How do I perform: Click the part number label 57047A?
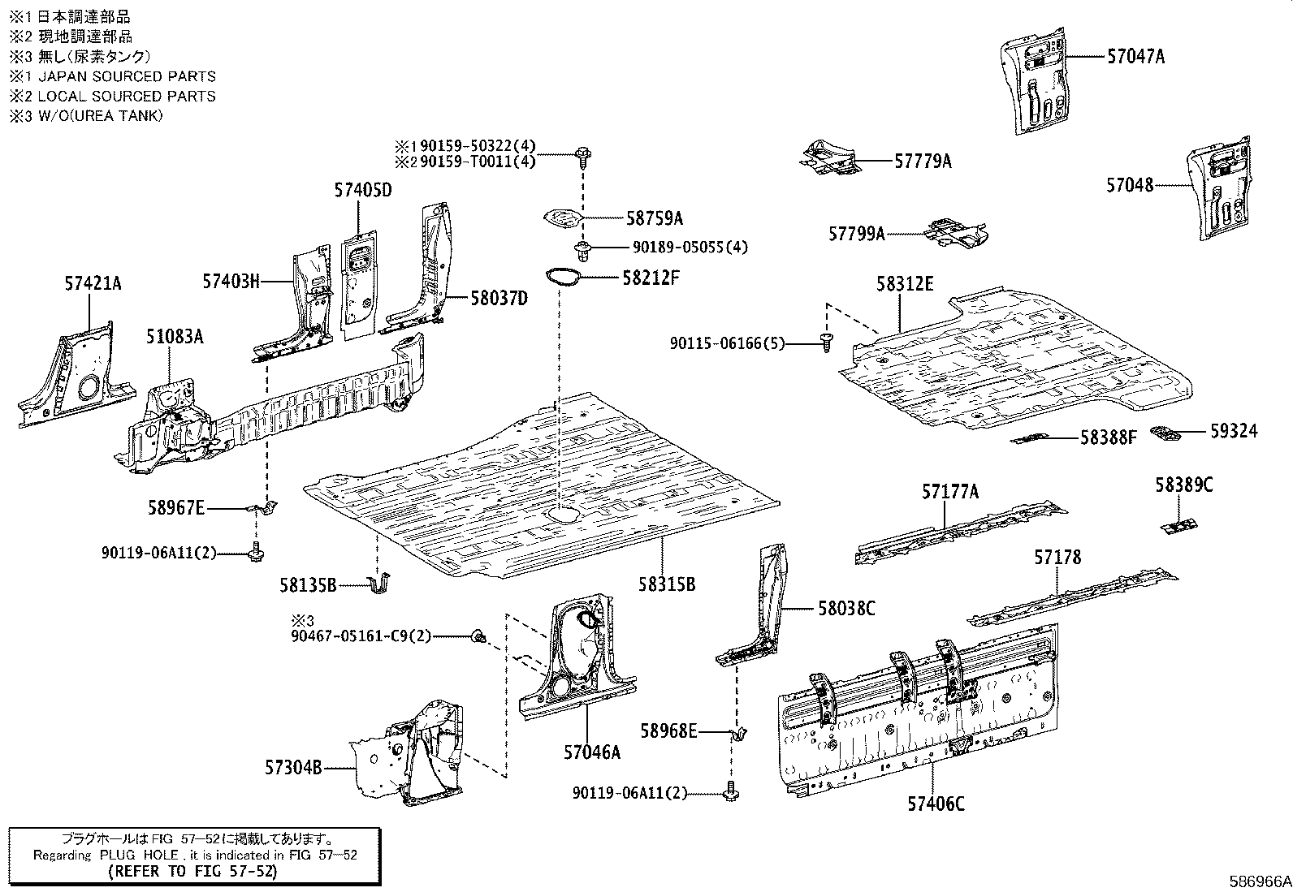point(1135,57)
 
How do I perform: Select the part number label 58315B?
point(667,584)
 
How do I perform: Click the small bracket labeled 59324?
point(1165,433)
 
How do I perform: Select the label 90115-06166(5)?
point(728,344)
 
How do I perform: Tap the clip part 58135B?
point(379,584)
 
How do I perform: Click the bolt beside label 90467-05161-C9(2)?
point(478,636)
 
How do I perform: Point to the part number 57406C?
point(936,804)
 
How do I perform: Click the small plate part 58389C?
point(1178,526)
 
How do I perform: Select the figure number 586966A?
point(1259,881)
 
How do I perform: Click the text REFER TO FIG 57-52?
point(192,872)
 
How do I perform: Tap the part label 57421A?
point(93,283)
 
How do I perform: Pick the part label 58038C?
point(846,608)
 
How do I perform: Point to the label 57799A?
point(857,234)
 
